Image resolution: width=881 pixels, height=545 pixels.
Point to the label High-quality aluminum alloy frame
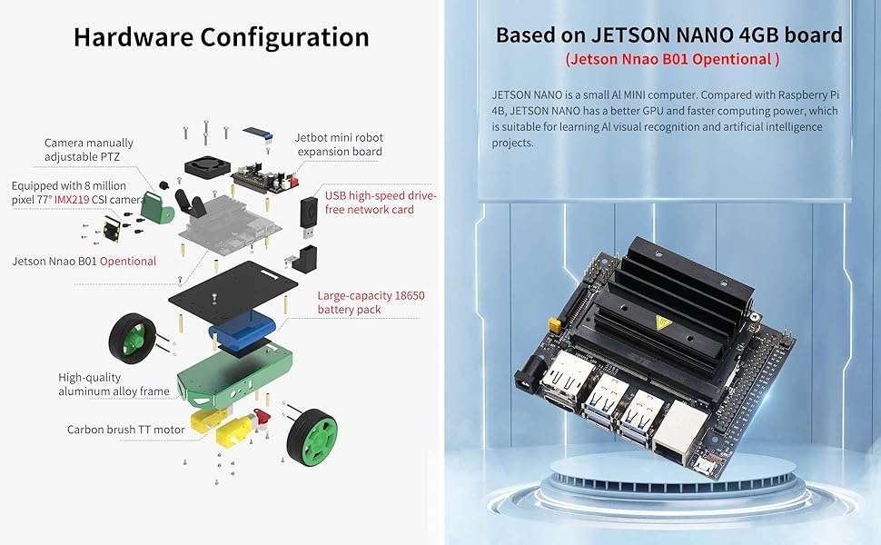coord(114,384)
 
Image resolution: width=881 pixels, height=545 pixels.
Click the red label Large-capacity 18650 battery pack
coord(371,302)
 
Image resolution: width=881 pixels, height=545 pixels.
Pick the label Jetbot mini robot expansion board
coord(338,144)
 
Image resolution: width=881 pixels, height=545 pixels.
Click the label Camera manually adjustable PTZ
coord(89,149)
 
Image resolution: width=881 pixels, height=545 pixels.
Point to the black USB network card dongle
coord(310,215)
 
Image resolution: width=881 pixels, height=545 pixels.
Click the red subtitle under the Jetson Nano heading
coord(672,60)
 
